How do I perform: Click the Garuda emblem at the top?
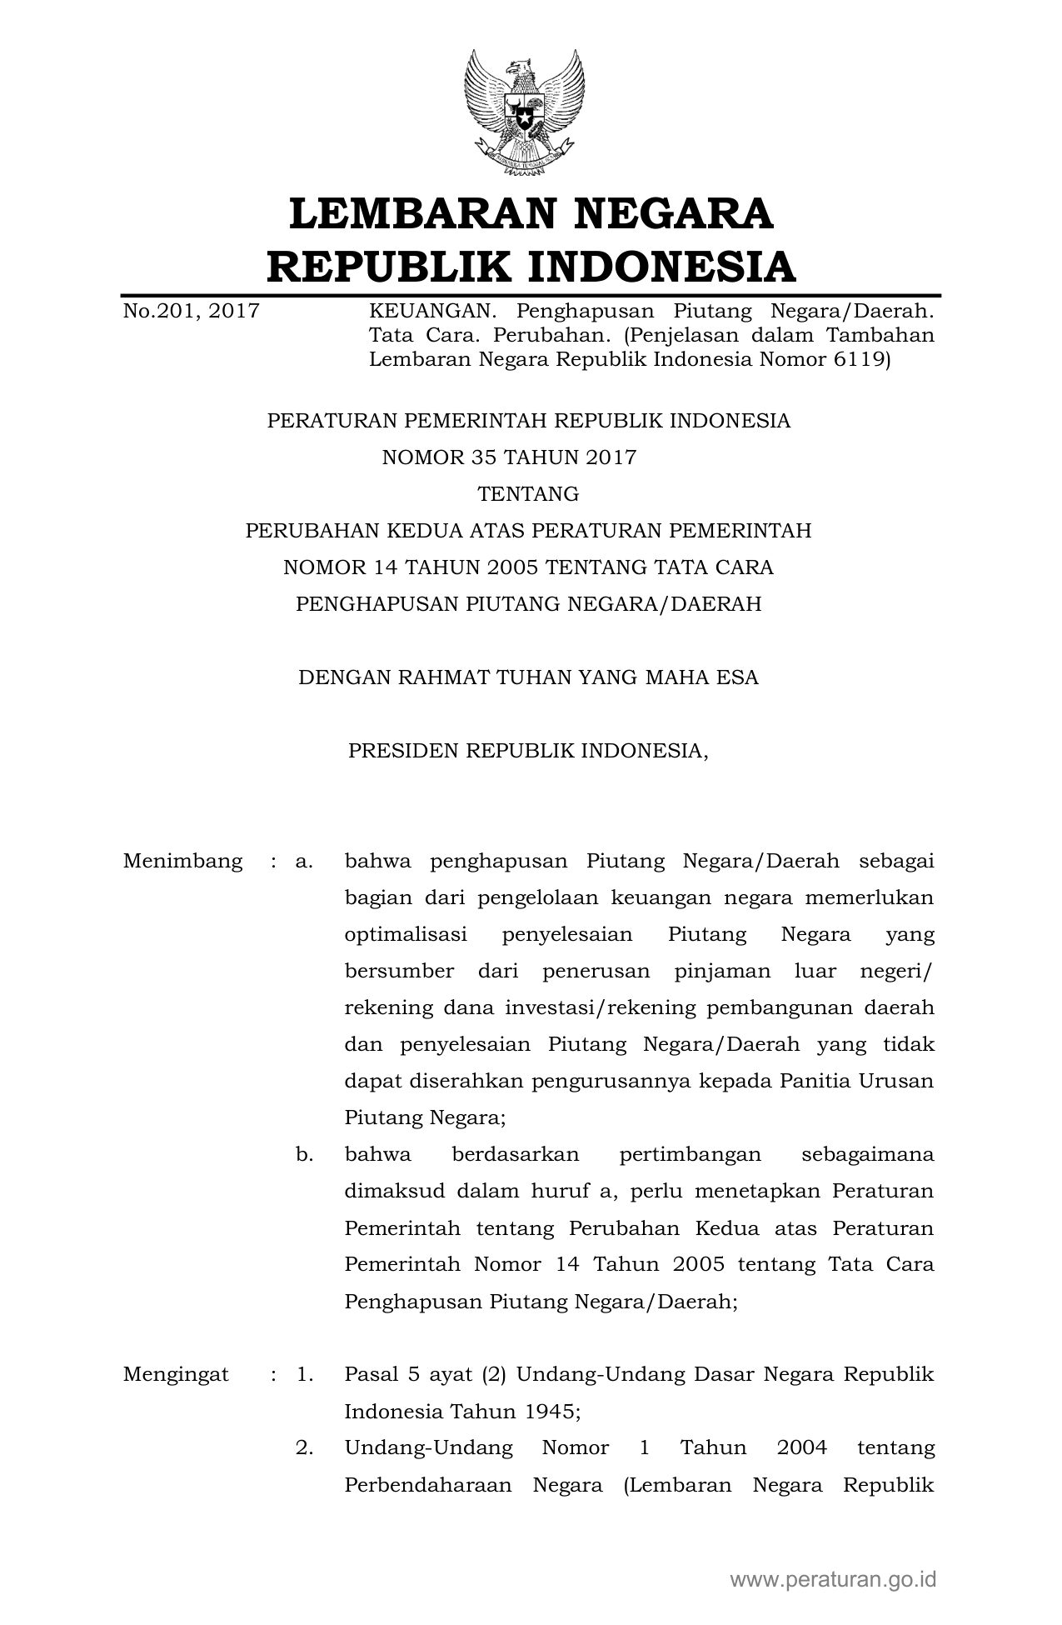coord(525,112)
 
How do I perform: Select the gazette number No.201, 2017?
coord(192,312)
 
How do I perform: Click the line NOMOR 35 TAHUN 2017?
coord(509,457)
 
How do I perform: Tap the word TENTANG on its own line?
coord(528,494)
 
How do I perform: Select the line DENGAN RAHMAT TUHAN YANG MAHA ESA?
coord(528,677)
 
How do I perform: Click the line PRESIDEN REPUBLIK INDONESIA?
coord(528,751)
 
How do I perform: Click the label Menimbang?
coord(183,861)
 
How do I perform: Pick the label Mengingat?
coord(176,1374)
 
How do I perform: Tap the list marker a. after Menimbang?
coord(304,861)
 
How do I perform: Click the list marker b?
coord(304,1154)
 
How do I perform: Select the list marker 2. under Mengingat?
coord(304,1447)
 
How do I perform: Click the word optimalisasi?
coord(406,934)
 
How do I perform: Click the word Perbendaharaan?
coord(428,1485)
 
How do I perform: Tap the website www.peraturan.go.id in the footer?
coord(834,1579)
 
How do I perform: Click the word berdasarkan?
coord(515,1154)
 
